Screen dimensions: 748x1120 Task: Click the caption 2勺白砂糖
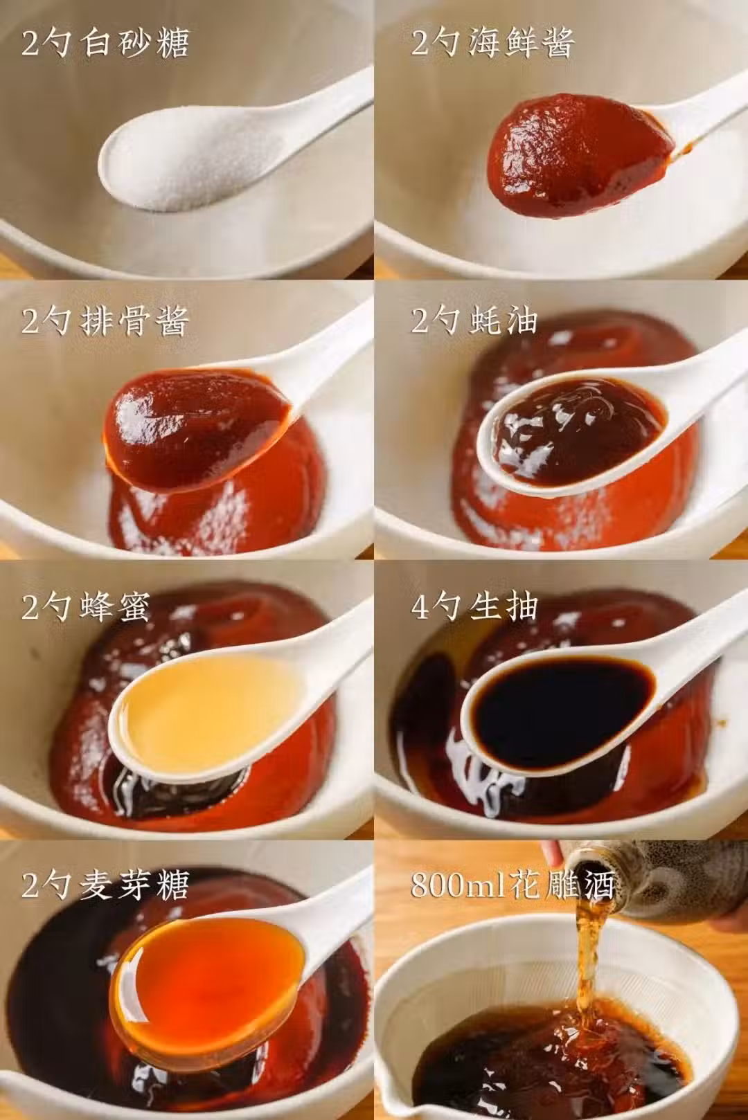point(105,44)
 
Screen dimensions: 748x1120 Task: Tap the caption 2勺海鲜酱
point(493,44)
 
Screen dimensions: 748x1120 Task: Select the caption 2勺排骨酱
point(105,321)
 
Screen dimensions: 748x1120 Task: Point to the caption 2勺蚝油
point(474,321)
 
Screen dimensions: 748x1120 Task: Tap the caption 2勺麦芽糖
point(105,885)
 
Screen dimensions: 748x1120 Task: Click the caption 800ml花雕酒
point(513,885)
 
